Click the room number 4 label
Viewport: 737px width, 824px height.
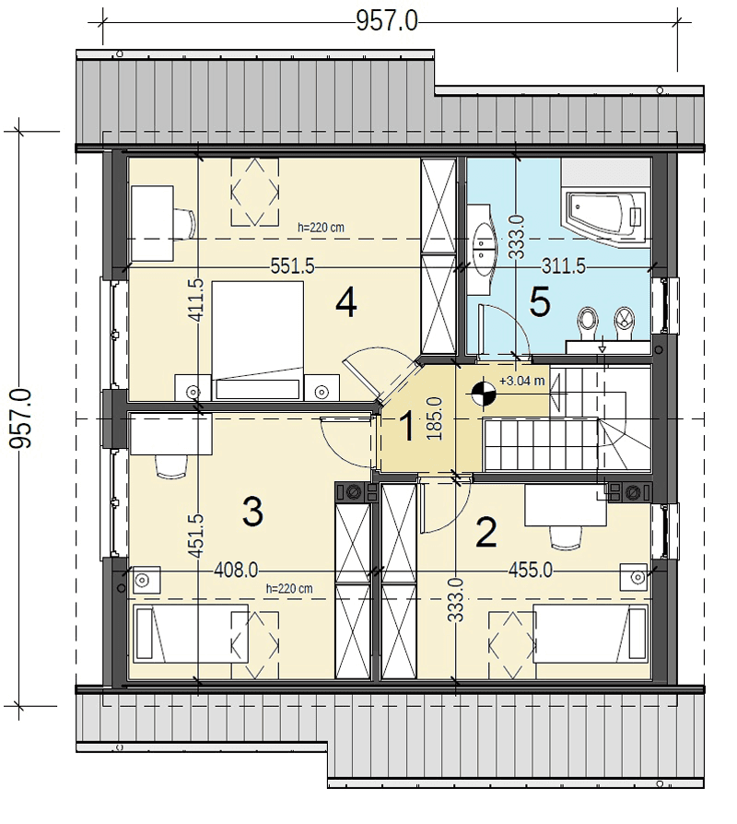[x=346, y=304]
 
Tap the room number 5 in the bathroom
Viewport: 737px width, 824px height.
[x=540, y=302]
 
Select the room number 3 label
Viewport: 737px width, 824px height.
[x=252, y=512]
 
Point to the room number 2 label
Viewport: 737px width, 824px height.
[x=485, y=533]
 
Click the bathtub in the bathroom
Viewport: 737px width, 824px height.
[x=604, y=218]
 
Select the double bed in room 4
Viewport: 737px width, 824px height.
[x=258, y=340]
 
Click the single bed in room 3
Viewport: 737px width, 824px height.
[x=192, y=633]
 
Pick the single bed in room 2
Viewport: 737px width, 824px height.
[x=591, y=633]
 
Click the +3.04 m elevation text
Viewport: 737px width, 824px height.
[x=522, y=381]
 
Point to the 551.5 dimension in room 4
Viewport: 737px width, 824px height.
[x=293, y=266]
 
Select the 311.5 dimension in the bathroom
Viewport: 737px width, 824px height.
[x=564, y=266]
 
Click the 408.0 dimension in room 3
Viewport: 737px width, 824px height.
[x=236, y=570]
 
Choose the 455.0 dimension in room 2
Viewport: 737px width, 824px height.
[x=531, y=570]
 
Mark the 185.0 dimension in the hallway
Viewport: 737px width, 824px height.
[x=435, y=418]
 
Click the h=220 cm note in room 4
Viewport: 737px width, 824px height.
[x=321, y=228]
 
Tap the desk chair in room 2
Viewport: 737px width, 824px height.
[x=566, y=537]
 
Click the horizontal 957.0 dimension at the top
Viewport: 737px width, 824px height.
[x=387, y=22]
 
